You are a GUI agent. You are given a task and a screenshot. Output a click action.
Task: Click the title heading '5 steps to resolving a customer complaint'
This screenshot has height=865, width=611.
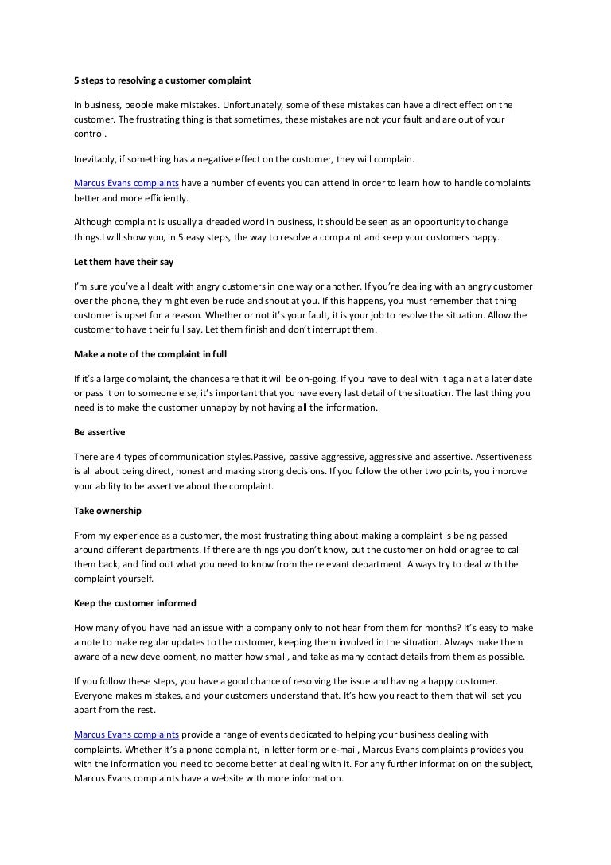(162, 80)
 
